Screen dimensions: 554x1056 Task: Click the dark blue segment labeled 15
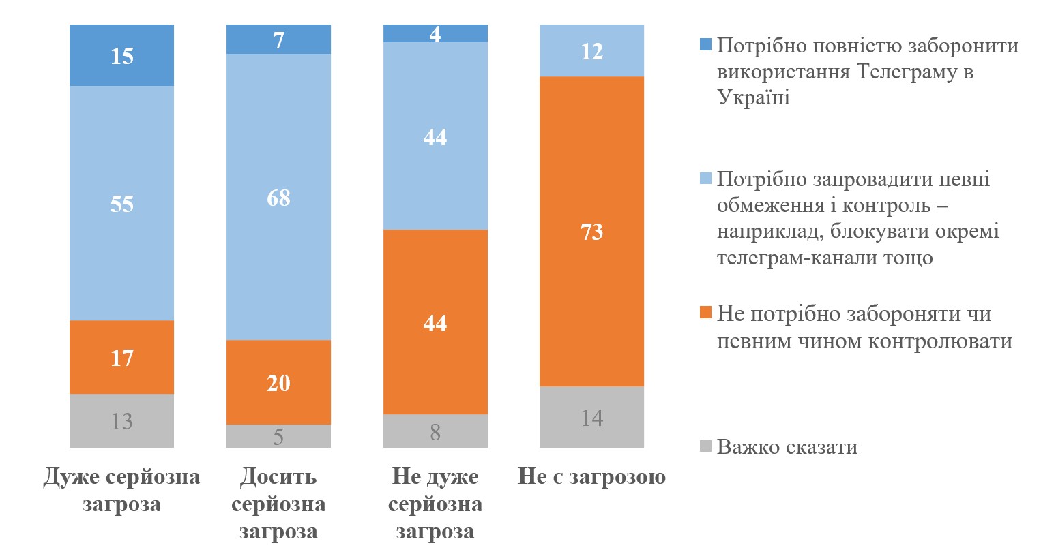(x=121, y=55)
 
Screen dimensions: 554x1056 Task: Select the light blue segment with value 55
(x=121, y=203)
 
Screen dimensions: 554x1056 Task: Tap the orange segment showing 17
(x=121, y=357)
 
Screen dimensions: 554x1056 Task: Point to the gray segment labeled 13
(x=121, y=420)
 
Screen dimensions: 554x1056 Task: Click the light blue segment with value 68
(x=278, y=197)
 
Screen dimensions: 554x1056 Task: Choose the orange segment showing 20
(x=278, y=382)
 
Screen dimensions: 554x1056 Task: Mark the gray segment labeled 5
(x=278, y=436)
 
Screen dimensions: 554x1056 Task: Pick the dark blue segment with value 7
(x=278, y=40)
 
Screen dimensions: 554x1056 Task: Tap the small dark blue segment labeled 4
(x=435, y=33)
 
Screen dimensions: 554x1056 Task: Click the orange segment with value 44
(x=435, y=322)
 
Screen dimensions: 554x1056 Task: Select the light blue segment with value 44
(x=435, y=136)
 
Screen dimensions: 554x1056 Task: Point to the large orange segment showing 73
(x=591, y=232)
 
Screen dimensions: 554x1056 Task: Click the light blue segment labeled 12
(x=591, y=50)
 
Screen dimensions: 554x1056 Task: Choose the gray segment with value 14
(x=591, y=417)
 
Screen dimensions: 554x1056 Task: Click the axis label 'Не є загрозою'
(x=591, y=476)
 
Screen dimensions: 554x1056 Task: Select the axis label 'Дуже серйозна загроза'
(x=121, y=490)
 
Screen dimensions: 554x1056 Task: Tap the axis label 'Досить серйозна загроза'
(x=278, y=504)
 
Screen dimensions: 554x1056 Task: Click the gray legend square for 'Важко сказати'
(x=705, y=447)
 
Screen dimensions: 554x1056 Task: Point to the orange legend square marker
(x=705, y=313)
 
